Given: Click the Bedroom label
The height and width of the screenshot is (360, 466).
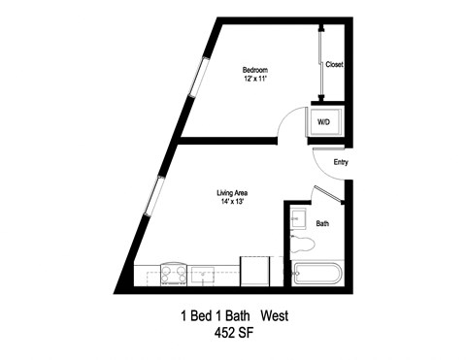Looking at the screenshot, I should click(x=254, y=70).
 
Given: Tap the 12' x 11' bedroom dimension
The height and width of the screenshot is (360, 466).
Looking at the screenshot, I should click(x=254, y=80).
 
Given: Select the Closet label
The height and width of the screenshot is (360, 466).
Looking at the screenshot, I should click(x=334, y=65).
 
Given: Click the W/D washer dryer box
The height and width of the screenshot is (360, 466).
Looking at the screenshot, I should click(x=323, y=123).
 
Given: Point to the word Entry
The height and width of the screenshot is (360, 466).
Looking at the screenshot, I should click(x=340, y=162).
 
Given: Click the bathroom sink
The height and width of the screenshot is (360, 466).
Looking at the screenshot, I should click(x=299, y=218).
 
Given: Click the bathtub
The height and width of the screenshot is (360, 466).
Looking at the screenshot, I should click(x=316, y=273).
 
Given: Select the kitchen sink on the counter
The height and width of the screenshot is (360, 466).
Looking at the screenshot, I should click(x=204, y=275).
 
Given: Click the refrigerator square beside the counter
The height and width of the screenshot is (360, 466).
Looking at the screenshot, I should click(x=254, y=271).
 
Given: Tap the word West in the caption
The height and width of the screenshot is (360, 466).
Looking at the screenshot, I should click(x=271, y=316).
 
